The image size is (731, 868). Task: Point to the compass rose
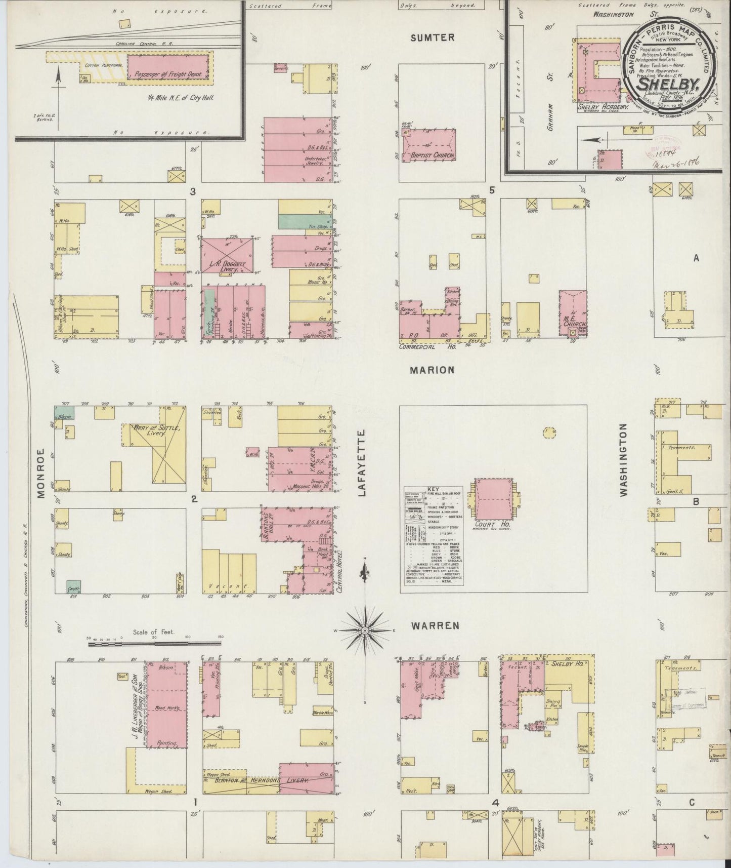point(365,631)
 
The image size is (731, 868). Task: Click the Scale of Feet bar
point(154,644)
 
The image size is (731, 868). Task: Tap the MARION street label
point(432,370)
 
